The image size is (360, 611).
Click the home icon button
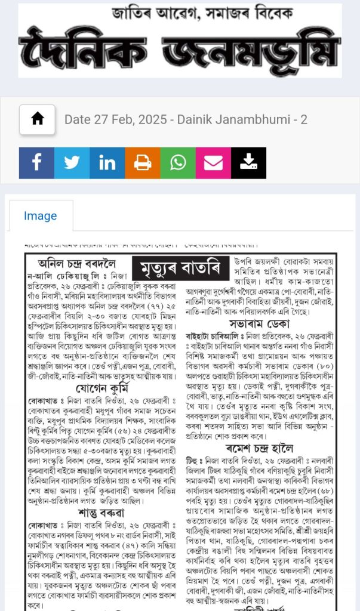(x=37, y=119)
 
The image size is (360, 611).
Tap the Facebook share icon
(x=36, y=163)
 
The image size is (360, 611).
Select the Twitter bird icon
(x=72, y=163)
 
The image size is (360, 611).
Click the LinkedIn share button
(x=107, y=163)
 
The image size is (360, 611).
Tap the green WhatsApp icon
(x=178, y=163)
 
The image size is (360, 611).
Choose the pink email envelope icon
(x=213, y=163)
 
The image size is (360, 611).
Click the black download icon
(x=248, y=163)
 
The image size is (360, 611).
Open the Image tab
(x=41, y=216)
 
